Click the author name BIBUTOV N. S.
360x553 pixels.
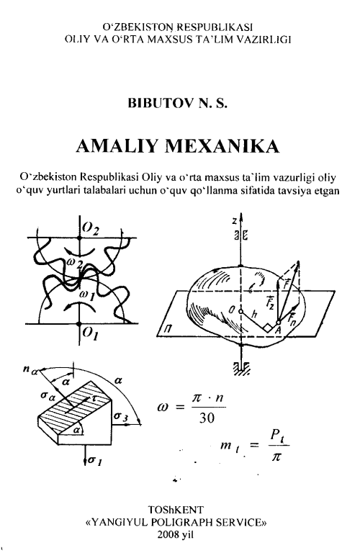click(x=177, y=103)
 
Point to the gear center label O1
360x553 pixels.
click(x=90, y=332)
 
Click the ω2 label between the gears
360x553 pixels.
click(x=75, y=263)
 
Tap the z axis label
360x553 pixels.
click(x=234, y=221)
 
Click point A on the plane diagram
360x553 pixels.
click(x=277, y=328)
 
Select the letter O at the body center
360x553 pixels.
click(x=232, y=310)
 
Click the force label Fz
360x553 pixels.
click(x=270, y=302)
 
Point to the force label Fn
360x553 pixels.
click(x=292, y=319)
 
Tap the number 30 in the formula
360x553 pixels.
click(x=207, y=418)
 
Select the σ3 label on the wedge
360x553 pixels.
click(x=121, y=416)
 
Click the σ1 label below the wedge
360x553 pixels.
click(x=95, y=460)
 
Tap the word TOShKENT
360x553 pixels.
click(x=176, y=510)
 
